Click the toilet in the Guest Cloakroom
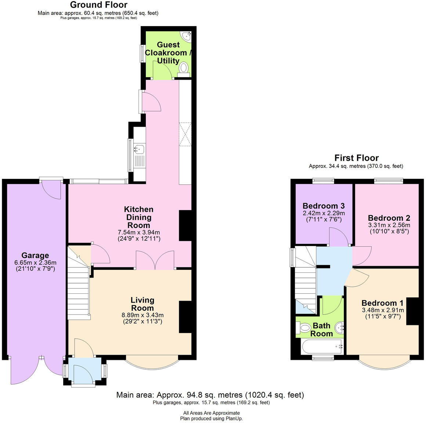184,68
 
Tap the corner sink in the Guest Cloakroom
187,36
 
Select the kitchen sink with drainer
140,156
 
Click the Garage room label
35,256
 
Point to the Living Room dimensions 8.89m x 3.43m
142,315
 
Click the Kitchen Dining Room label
138,217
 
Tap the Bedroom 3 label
324,206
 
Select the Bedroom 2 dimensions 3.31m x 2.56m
389,225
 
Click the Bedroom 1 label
382,303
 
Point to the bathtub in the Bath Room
322,346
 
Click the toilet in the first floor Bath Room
304,327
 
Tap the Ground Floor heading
98,5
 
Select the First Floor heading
356,158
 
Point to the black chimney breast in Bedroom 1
413,311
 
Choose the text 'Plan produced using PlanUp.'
211,418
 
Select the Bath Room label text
321,329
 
